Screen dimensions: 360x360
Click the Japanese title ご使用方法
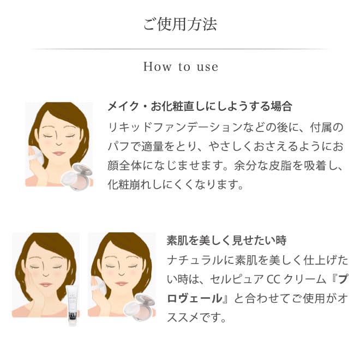pyautogui.click(x=180, y=24)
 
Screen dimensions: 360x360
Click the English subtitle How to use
pyautogui.click(x=181, y=67)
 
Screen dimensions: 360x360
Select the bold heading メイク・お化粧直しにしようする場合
pyautogui.click(x=200, y=106)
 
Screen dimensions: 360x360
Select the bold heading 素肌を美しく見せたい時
pyautogui.click(x=226, y=241)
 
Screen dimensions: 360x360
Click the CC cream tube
pyautogui.click(x=72, y=305)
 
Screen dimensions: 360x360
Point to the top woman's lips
pyautogui.click(x=59, y=153)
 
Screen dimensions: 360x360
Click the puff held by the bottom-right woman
pyautogui.click(x=98, y=285)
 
